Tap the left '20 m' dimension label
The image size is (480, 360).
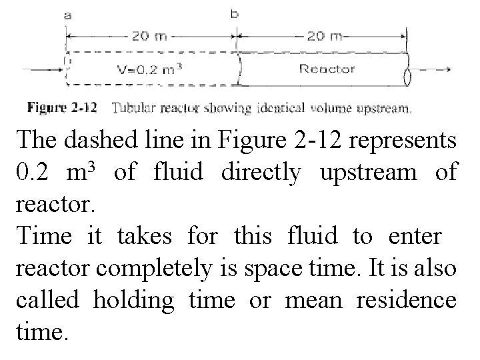(x=149, y=36)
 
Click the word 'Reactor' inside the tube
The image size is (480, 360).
(x=327, y=68)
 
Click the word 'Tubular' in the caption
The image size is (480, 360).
(x=131, y=107)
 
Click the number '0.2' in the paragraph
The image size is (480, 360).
(x=33, y=173)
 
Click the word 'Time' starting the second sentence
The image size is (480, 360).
(x=43, y=237)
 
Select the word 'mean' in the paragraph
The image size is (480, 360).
(x=312, y=301)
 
